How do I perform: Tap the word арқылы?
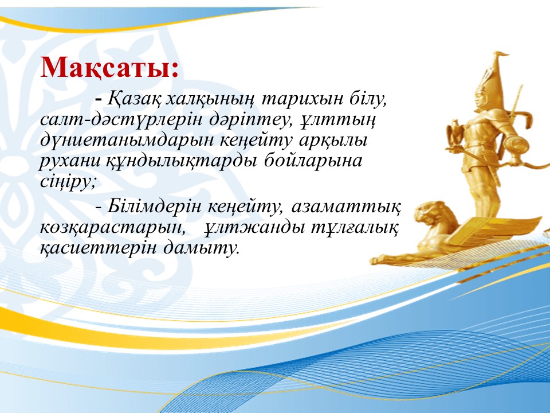click(x=333, y=141)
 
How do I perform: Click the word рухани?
click(x=70, y=161)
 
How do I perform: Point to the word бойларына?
click(x=313, y=161)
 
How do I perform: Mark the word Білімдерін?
click(x=154, y=206)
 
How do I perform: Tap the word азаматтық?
click(x=345, y=207)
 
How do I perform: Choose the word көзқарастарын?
click(x=112, y=228)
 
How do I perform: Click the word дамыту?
click(x=201, y=248)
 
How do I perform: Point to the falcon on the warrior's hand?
click(x=455, y=134)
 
